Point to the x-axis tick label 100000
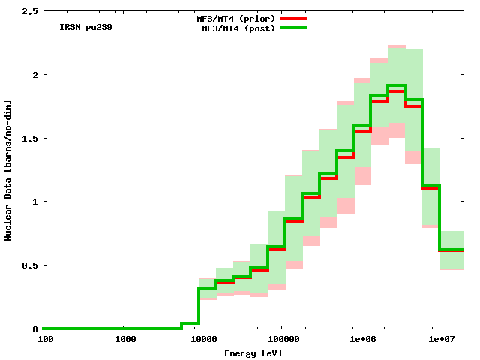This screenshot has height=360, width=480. coord(280,340)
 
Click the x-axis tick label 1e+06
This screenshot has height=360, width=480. coord(361,340)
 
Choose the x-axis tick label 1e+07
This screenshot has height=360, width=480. coord(440,340)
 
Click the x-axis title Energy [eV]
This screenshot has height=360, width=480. coord(253,352)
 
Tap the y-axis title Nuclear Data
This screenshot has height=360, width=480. coord(8,169)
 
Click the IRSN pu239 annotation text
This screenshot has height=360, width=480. coord(86,27)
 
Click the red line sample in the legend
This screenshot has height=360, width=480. coord(293,17)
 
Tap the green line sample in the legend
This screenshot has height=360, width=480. coord(293,28)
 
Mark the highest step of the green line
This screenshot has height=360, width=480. coord(396,85)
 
